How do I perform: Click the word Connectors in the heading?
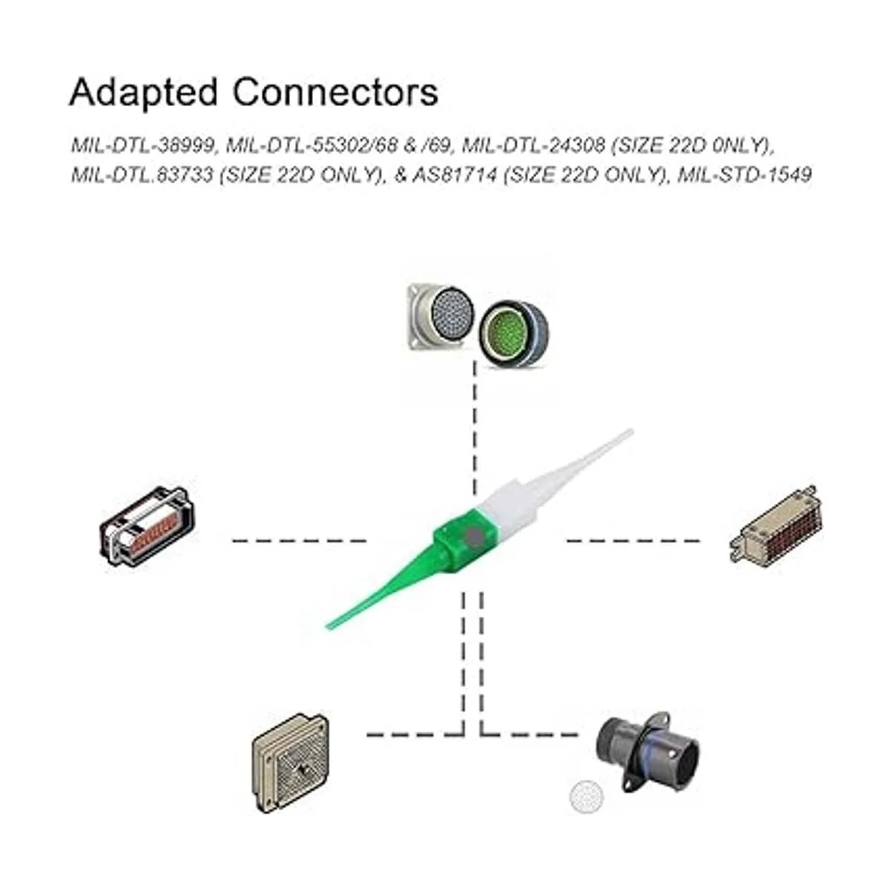pyautogui.click(x=335, y=92)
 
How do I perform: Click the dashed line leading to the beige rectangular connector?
pyautogui.click(x=634, y=541)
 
